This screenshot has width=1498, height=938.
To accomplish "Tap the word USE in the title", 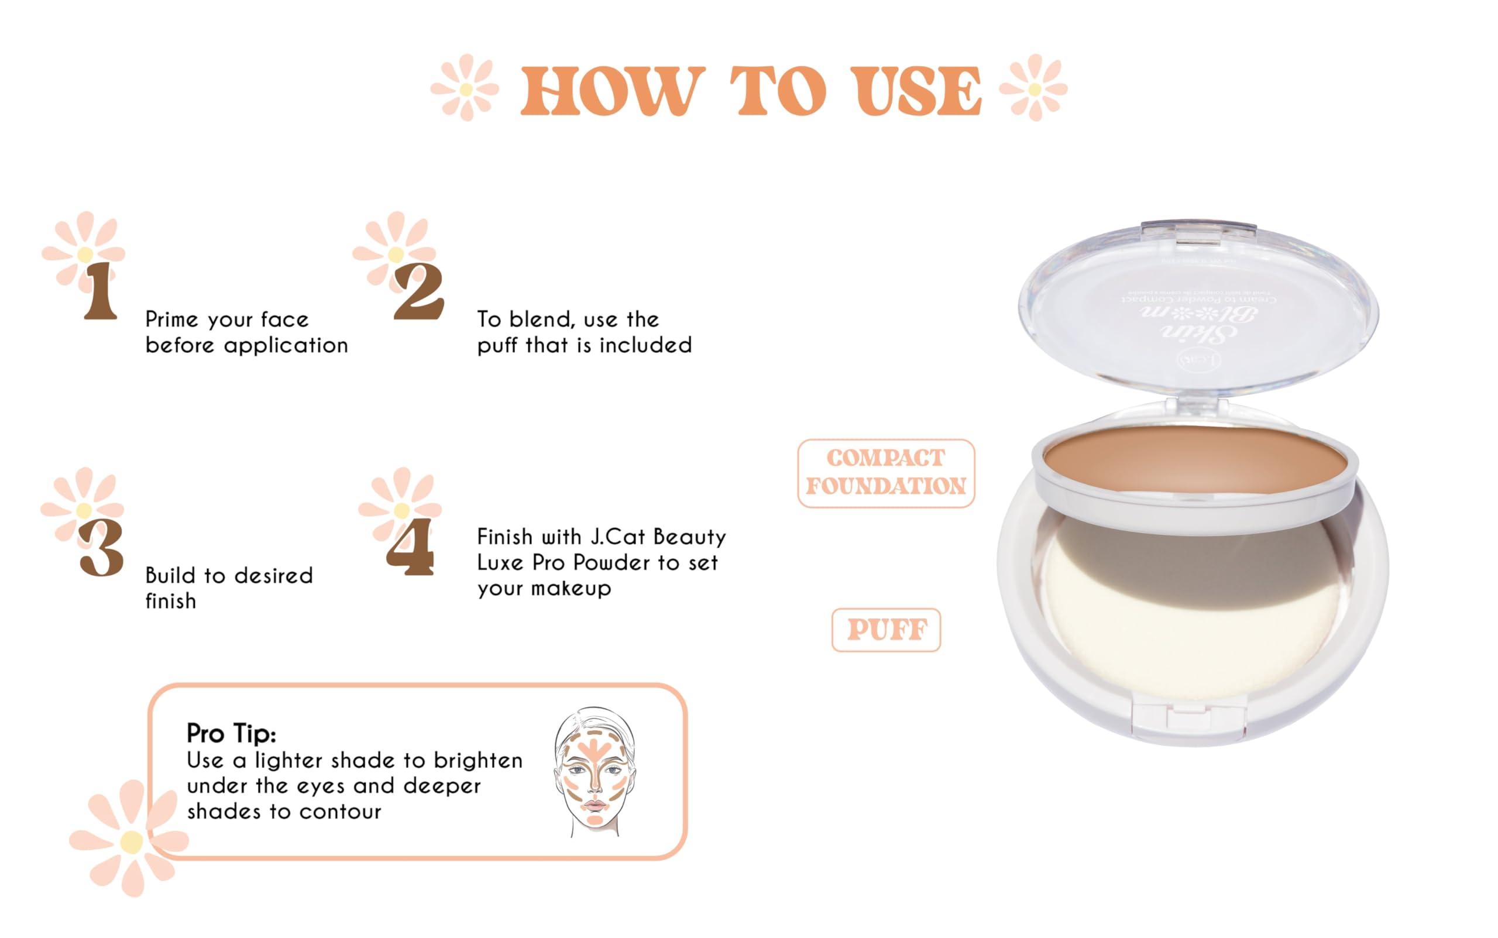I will click(x=919, y=91).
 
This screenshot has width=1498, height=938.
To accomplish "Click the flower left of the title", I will click(x=465, y=88).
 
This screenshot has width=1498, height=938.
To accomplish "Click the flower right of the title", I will click(x=1033, y=88).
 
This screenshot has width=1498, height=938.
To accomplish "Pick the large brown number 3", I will click(x=102, y=547).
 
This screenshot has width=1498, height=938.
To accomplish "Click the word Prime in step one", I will click(x=172, y=320).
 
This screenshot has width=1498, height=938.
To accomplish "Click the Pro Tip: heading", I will click(x=231, y=733).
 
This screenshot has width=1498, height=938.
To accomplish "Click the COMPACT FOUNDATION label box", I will click(x=886, y=473).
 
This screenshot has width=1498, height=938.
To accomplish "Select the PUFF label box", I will click(x=886, y=630).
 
